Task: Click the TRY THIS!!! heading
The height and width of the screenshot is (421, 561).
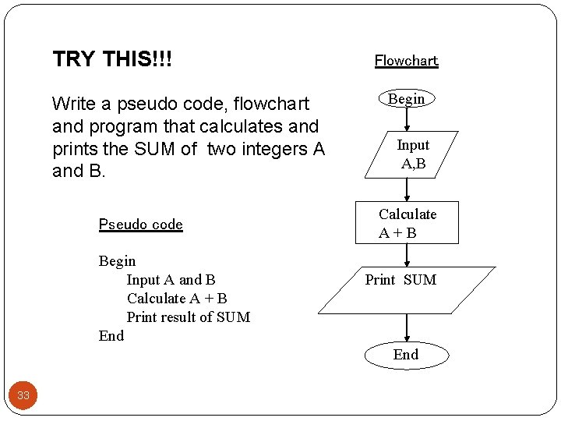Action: pyautogui.click(x=112, y=59)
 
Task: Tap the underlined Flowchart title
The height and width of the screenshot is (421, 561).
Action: pyautogui.click(x=406, y=61)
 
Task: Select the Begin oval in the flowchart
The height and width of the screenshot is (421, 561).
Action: pyautogui.click(x=407, y=99)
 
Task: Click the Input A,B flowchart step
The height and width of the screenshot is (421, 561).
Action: pyautogui.click(x=413, y=154)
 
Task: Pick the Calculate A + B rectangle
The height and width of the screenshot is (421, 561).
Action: pyautogui.click(x=408, y=223)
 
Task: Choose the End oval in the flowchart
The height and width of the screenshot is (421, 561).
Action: pyautogui.click(x=406, y=355)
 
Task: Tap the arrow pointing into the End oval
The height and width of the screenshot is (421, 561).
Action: pyautogui.click(x=407, y=327)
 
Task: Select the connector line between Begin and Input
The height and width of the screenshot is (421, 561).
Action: pyautogui.click(x=407, y=119)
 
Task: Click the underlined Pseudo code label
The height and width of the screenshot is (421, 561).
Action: pyautogui.click(x=140, y=225)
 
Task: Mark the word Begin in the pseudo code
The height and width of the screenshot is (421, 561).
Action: pyautogui.click(x=117, y=261)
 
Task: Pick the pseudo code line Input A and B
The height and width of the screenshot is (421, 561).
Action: pyautogui.click(x=171, y=280)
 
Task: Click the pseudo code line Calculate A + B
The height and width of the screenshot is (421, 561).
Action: pyautogui.click(x=177, y=299)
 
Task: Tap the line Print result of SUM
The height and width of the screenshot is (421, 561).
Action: pyautogui.click(x=188, y=317)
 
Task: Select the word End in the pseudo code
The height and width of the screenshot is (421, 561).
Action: pyautogui.click(x=111, y=336)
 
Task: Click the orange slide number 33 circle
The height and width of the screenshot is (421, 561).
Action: pyautogui.click(x=23, y=395)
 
